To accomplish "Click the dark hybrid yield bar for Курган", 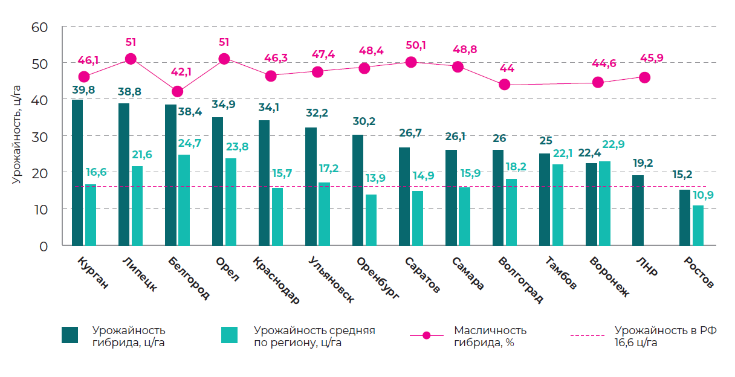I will point(77,173).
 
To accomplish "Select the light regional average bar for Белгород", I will point(184,200).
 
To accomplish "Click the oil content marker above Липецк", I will point(131,59).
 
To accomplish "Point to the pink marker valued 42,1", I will point(177,91).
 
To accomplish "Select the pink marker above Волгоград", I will point(505,85).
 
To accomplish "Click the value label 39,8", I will point(83,90).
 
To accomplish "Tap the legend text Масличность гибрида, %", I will point(490,337).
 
